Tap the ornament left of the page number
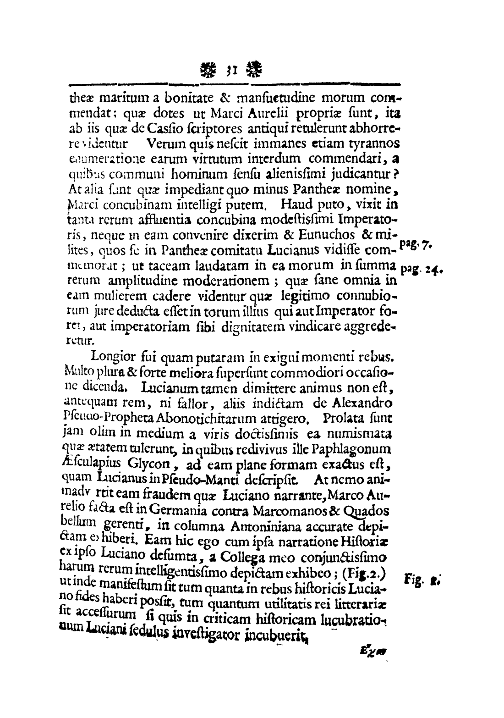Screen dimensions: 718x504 point(208,71)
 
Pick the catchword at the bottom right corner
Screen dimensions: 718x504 point(374,650)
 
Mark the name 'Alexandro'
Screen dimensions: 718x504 point(363,404)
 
